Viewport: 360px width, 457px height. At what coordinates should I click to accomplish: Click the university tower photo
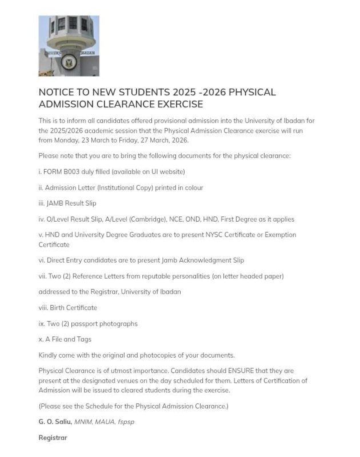(x=69, y=46)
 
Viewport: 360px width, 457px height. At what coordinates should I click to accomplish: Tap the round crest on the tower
(x=69, y=61)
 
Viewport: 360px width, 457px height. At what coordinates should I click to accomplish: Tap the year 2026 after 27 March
(x=179, y=141)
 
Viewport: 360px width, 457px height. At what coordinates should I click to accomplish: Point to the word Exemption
(x=282, y=235)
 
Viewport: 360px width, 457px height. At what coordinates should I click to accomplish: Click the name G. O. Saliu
(x=55, y=422)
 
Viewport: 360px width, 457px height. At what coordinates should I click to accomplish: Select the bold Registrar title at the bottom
(x=53, y=438)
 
